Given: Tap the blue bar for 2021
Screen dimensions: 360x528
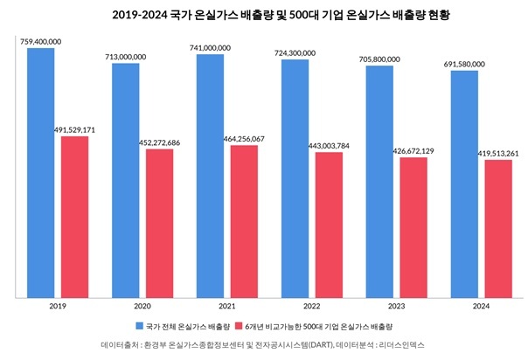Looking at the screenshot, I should click(x=211, y=176).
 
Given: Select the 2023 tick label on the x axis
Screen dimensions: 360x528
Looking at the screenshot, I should click(x=397, y=307).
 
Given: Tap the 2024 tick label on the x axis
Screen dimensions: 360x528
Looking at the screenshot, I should click(x=482, y=307).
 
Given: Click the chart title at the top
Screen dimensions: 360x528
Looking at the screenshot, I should click(x=264, y=15).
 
